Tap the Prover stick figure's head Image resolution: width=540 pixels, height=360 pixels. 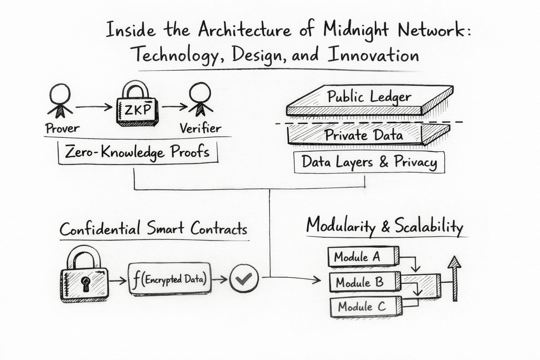click(60, 94)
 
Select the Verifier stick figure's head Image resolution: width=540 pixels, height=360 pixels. click(200, 92)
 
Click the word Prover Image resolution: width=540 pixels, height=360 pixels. click(62, 128)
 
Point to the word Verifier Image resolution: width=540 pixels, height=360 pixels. click(200, 128)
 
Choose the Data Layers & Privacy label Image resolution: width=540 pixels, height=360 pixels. click(369, 162)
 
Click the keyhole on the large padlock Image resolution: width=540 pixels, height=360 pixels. click(85, 282)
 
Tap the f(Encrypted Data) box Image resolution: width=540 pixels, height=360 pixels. click(170, 279)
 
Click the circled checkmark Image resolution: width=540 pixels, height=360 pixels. click(244, 278)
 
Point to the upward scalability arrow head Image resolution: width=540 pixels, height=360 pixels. click(455, 262)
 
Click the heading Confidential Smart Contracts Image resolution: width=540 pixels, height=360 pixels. click(153, 229)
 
